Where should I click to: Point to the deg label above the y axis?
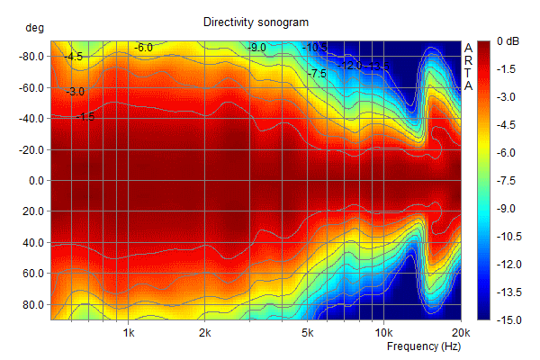click(33, 29)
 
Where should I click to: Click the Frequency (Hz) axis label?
click(424, 346)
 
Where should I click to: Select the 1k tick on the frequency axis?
click(129, 331)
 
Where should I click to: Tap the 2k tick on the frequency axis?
click(205, 331)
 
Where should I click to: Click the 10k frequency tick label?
click(384, 331)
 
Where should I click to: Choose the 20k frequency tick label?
click(461, 331)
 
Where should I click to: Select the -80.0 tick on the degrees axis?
click(31, 56)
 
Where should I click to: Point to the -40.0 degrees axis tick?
click(31, 118)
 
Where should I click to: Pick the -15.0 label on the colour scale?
click(509, 319)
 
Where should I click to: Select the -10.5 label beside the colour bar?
click(509, 236)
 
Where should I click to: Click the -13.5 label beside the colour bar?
click(509, 292)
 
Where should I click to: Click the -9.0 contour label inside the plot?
click(257, 47)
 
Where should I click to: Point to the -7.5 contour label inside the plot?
click(316, 74)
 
